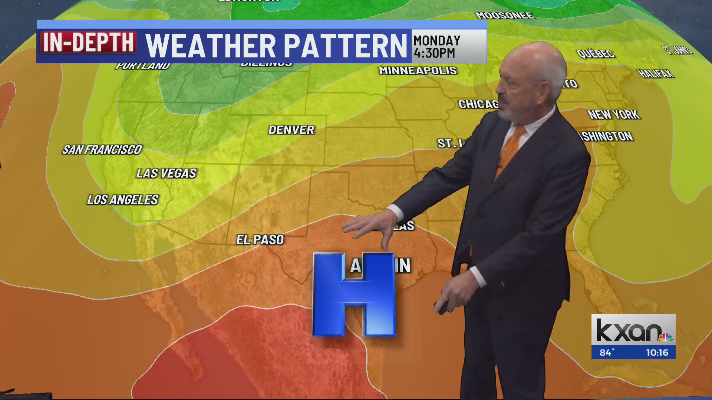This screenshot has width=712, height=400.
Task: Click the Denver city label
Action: [291, 130]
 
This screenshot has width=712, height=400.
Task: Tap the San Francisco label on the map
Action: [102, 150]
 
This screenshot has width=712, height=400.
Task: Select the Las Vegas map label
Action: [166, 173]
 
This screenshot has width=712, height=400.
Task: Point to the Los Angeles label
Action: [123, 200]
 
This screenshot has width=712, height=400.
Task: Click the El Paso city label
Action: [260, 240]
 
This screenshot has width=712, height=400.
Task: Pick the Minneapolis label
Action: [418, 71]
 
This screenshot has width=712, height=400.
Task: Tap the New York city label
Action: [614, 115]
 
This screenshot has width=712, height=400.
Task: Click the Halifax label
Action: [656, 74]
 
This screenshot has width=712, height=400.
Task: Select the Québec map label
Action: [596, 54]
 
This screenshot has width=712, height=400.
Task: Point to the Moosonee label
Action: [505, 16]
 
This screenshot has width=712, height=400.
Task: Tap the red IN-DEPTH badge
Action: [88, 42]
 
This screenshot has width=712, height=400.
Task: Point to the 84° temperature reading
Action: [607, 353]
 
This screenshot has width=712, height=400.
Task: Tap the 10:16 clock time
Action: [657, 353]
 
